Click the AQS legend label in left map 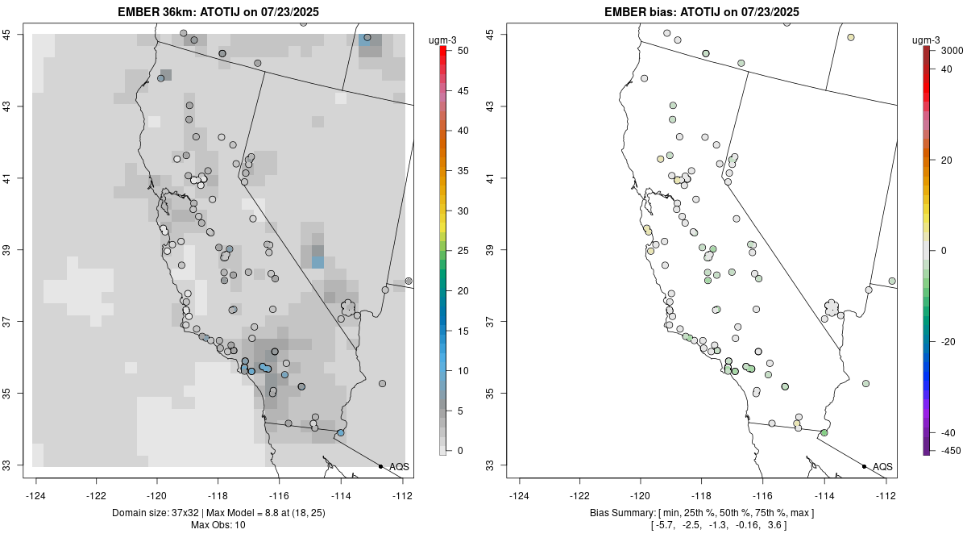click(x=399, y=467)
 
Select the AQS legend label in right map click(x=882, y=467)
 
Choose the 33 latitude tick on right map click(x=500, y=465)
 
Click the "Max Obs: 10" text click(x=218, y=525)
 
